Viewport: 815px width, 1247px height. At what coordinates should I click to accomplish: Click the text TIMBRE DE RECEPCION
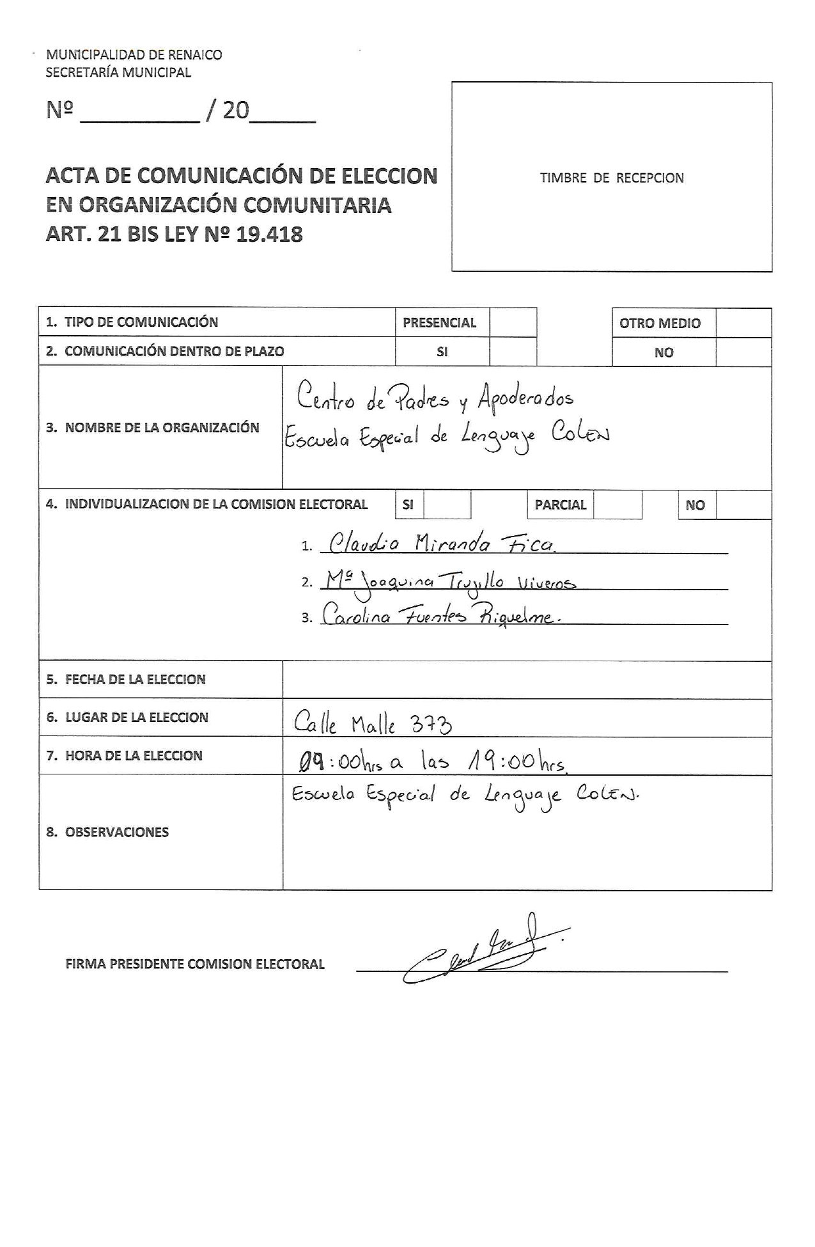pos(612,178)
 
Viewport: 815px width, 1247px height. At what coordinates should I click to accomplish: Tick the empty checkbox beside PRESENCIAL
pos(513,322)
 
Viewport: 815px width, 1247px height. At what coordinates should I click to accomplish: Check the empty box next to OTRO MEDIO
pos(743,323)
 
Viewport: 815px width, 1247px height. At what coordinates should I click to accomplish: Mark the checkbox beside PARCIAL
pos(617,505)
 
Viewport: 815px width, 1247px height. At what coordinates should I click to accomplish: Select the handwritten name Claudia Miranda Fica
pos(441,544)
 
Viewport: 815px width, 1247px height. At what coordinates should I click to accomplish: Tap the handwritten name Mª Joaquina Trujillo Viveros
pos(450,581)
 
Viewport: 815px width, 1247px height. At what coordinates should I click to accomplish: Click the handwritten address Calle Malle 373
pos(373,723)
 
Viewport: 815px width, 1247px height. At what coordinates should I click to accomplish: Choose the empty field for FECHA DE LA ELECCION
pos(527,679)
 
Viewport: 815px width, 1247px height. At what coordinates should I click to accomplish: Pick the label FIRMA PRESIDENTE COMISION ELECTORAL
pos(195,964)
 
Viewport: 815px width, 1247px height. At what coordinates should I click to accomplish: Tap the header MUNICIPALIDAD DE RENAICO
pos(134,55)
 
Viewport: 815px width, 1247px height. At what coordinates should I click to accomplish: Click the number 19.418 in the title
pos(269,235)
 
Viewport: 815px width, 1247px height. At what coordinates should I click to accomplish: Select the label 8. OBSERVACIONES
pos(107,832)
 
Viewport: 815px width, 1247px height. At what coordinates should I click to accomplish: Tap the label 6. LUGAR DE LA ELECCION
pos(127,718)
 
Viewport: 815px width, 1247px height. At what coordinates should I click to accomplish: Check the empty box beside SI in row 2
pos(513,351)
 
